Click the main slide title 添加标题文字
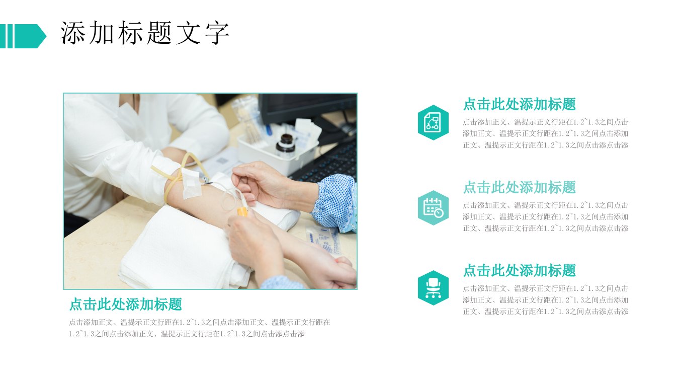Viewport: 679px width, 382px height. [144, 33]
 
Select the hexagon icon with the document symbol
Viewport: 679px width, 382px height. [433, 122]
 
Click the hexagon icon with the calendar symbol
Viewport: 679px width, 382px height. [433, 207]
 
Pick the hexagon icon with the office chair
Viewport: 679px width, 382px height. [433, 288]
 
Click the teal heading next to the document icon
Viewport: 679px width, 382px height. [519, 104]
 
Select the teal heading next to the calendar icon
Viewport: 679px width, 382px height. [519, 187]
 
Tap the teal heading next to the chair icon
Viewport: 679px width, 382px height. [519, 270]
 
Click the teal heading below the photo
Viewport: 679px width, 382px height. [126, 304]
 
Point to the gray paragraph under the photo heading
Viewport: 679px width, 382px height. [200, 328]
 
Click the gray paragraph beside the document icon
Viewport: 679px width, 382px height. [545, 133]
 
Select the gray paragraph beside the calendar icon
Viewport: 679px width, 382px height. [545, 216]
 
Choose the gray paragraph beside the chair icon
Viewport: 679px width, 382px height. [545, 300]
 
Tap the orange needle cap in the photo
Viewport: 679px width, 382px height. [242, 211]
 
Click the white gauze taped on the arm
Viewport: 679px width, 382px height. [191, 184]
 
